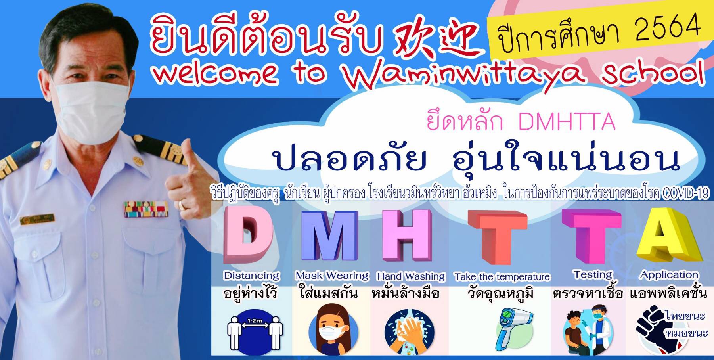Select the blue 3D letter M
(328, 236)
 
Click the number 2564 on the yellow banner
(667, 28)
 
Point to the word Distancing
(252, 276)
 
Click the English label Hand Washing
(411, 276)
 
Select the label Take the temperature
(502, 277)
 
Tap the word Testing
(593, 274)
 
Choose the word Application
(669, 275)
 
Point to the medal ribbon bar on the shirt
(146, 209)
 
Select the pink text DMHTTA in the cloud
(567, 122)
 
